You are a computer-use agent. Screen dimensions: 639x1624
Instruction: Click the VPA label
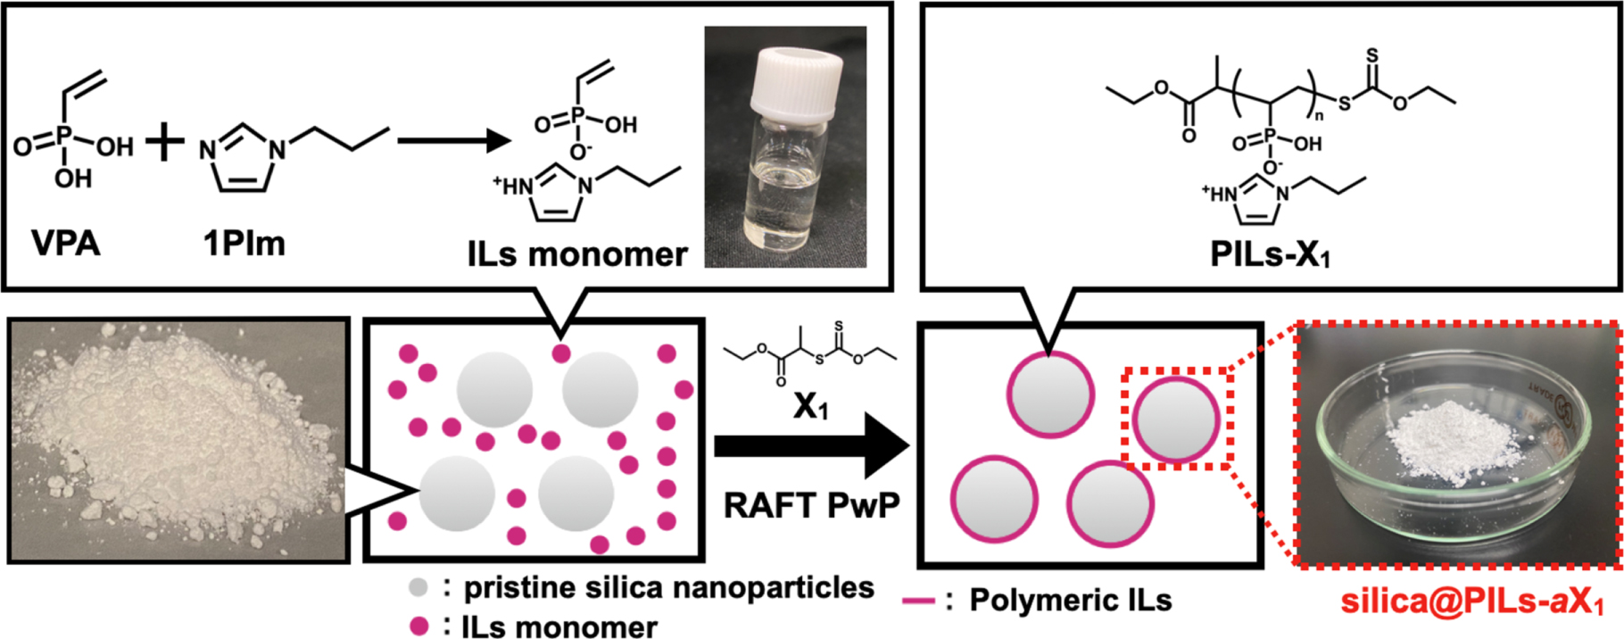[66, 243]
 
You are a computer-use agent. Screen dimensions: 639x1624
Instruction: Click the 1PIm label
[244, 243]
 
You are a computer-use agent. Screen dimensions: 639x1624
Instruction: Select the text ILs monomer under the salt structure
[576, 254]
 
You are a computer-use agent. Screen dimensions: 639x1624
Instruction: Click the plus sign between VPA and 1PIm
[164, 143]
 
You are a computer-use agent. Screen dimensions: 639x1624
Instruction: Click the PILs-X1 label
[1269, 254]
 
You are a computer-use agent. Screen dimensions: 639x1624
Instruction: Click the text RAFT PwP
[810, 505]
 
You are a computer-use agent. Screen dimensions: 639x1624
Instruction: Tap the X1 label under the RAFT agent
[810, 407]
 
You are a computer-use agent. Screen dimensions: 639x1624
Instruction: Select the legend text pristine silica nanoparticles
[668, 587]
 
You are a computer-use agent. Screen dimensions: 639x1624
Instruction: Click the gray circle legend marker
[418, 588]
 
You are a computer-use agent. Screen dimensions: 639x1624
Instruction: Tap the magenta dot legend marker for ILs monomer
[418, 626]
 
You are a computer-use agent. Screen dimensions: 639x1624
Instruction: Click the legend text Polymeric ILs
[1070, 601]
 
